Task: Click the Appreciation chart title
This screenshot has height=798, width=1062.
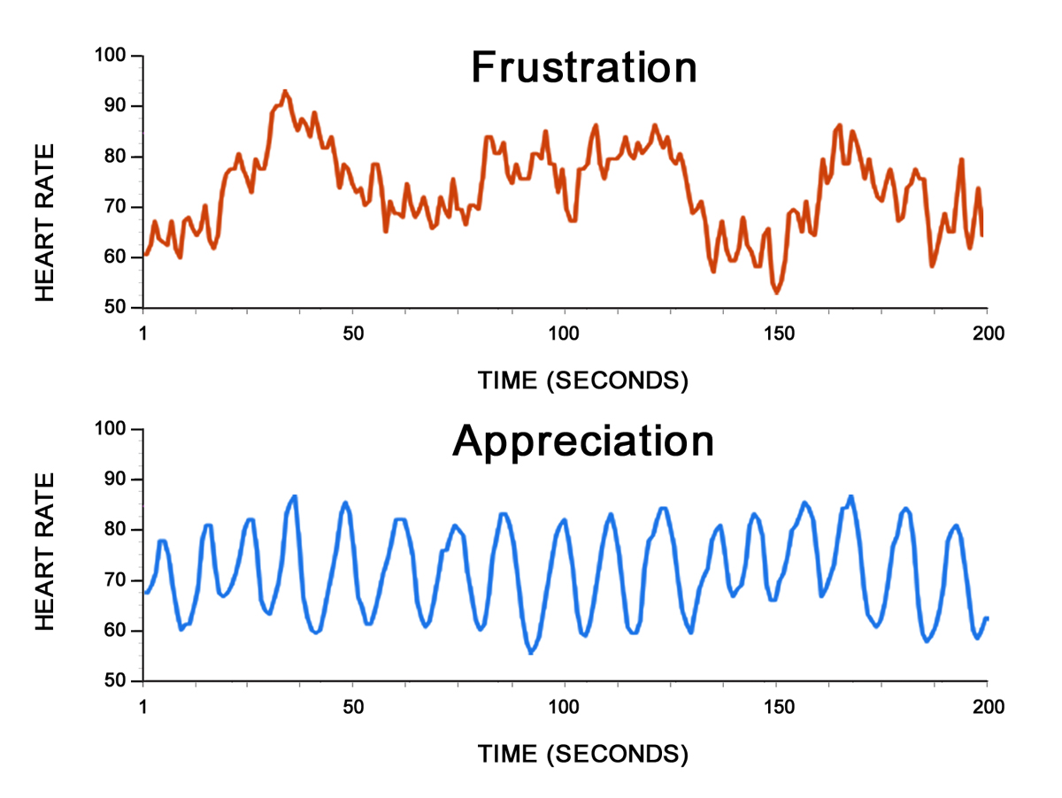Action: pyautogui.click(x=583, y=442)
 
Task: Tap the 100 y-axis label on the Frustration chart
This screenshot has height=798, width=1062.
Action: pyautogui.click(x=110, y=55)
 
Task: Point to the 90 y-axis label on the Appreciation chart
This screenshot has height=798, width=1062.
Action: pyautogui.click(x=115, y=479)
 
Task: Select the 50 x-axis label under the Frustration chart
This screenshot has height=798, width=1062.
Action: pyautogui.click(x=353, y=334)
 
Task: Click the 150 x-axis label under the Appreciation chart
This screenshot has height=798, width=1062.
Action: pyautogui.click(x=779, y=707)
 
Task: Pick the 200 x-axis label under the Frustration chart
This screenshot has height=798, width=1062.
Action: pyautogui.click(x=988, y=334)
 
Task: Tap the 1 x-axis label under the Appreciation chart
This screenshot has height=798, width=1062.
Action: pyautogui.click(x=142, y=707)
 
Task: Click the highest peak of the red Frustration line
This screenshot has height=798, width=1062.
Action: pyautogui.click(x=285, y=91)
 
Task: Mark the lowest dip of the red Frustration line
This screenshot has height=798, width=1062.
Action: pyautogui.click(x=776, y=293)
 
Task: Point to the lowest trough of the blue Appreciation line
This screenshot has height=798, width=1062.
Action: pyautogui.click(x=531, y=652)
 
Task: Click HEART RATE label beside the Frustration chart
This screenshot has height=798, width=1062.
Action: pyautogui.click(x=44, y=223)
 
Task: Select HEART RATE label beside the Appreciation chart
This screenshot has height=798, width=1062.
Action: pyautogui.click(x=44, y=551)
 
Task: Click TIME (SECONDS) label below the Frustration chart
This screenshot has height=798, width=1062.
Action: pyautogui.click(x=583, y=380)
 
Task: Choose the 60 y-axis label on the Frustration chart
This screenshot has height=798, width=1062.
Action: pyautogui.click(x=115, y=257)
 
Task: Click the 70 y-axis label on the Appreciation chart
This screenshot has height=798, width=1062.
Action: pyautogui.click(x=115, y=579)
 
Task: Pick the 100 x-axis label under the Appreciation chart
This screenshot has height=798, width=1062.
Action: pyautogui.click(x=563, y=707)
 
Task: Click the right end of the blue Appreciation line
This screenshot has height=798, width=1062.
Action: pyautogui.click(x=987, y=618)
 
